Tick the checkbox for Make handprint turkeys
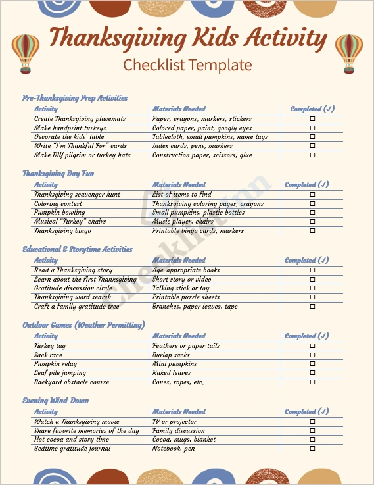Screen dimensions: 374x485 click(312, 128)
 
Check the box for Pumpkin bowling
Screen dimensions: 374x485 click(312, 213)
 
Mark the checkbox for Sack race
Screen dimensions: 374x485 click(312, 355)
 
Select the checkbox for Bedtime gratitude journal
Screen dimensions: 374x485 click(312, 449)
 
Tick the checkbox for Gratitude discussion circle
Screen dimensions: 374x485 click(312, 288)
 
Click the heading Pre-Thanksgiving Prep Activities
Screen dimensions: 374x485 click(75, 98)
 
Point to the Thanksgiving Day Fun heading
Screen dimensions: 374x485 click(58, 174)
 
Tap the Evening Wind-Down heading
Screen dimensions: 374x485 click(56, 401)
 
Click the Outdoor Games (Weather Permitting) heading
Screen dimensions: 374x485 click(83, 325)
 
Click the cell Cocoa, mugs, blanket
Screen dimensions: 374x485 click(184, 440)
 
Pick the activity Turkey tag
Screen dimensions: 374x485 click(49, 346)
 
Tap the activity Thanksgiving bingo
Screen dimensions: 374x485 click(63, 231)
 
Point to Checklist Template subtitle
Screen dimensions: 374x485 click(187, 65)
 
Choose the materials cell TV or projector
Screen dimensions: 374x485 click(175, 422)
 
